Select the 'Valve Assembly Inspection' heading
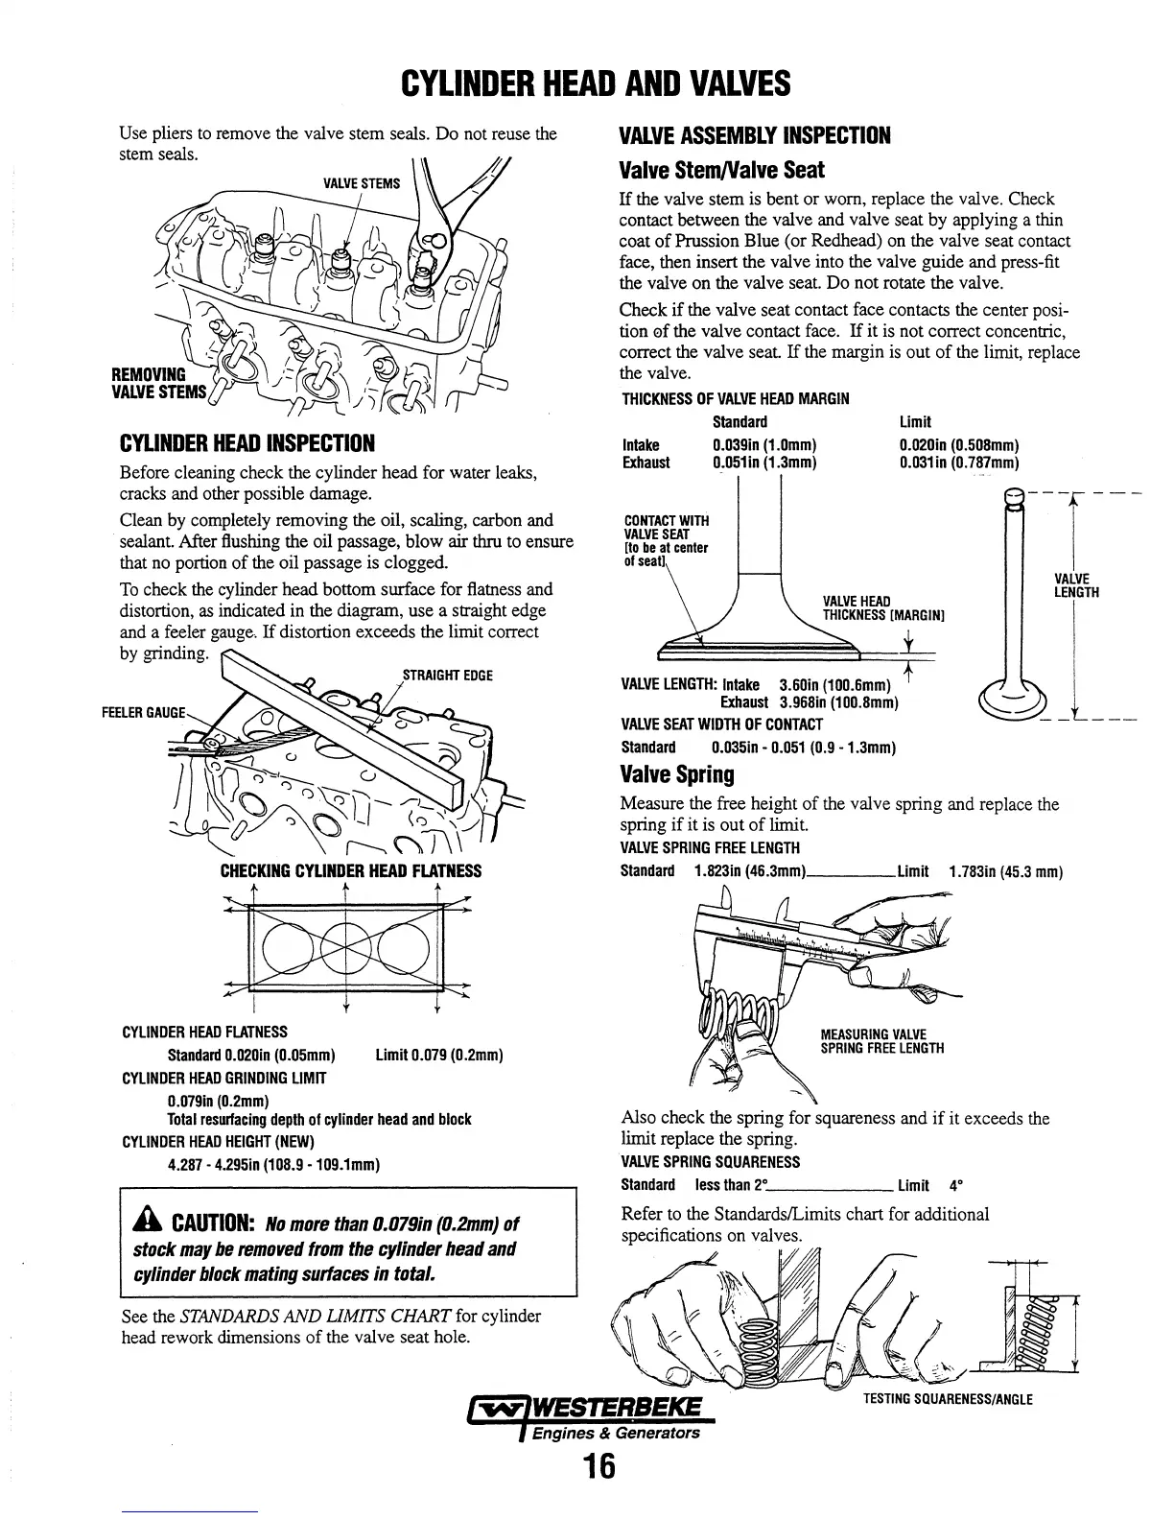pyautogui.click(x=756, y=135)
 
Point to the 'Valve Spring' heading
pyautogui.click(x=677, y=774)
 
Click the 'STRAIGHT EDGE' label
pyautogui.click(x=447, y=676)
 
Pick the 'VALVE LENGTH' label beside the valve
pyautogui.click(x=1075, y=585)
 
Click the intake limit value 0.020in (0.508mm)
pyautogui.click(x=958, y=445)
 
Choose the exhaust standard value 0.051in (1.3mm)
pyautogui.click(x=763, y=463)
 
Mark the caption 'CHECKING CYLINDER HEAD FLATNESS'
pyautogui.click(x=351, y=871)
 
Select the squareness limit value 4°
pyautogui.click(x=956, y=1185)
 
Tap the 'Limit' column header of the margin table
pyautogui.click(x=915, y=422)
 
